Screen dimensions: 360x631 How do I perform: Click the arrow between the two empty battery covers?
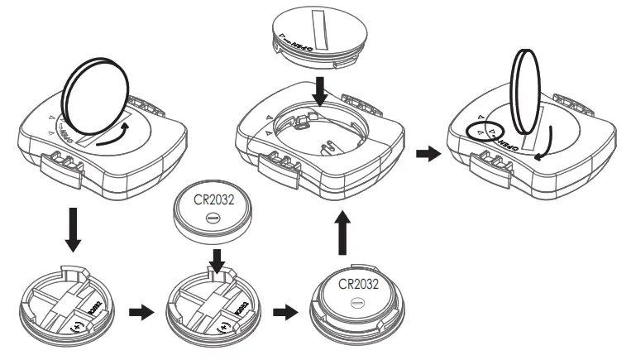pyautogui.click(x=141, y=314)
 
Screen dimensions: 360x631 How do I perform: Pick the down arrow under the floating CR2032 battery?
pyautogui.click(x=217, y=261)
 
